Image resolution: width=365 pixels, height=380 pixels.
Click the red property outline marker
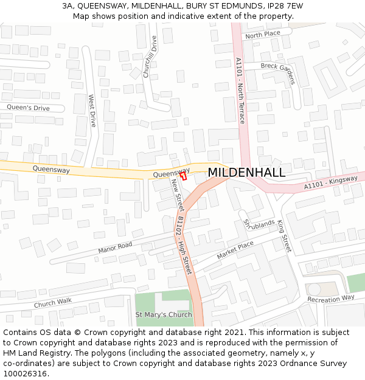pos(182,175)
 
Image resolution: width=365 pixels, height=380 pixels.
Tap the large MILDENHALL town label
pos(246,173)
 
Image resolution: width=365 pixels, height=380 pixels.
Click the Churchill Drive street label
pos(150,57)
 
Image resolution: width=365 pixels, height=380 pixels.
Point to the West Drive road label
pos(92,110)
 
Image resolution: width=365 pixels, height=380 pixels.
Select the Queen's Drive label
pos(29,108)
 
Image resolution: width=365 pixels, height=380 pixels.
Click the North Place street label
pos(263,34)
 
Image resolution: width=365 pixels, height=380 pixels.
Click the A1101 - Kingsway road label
pos(331,182)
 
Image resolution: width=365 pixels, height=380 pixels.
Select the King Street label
pos(284,237)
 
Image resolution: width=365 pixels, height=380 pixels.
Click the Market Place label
pos(235,250)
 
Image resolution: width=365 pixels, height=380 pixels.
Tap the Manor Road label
pos(115,248)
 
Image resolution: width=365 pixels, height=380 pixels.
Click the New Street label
pos(177,195)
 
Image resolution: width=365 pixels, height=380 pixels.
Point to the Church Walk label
pos(53,302)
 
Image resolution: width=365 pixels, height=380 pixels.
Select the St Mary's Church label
pos(163,314)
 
